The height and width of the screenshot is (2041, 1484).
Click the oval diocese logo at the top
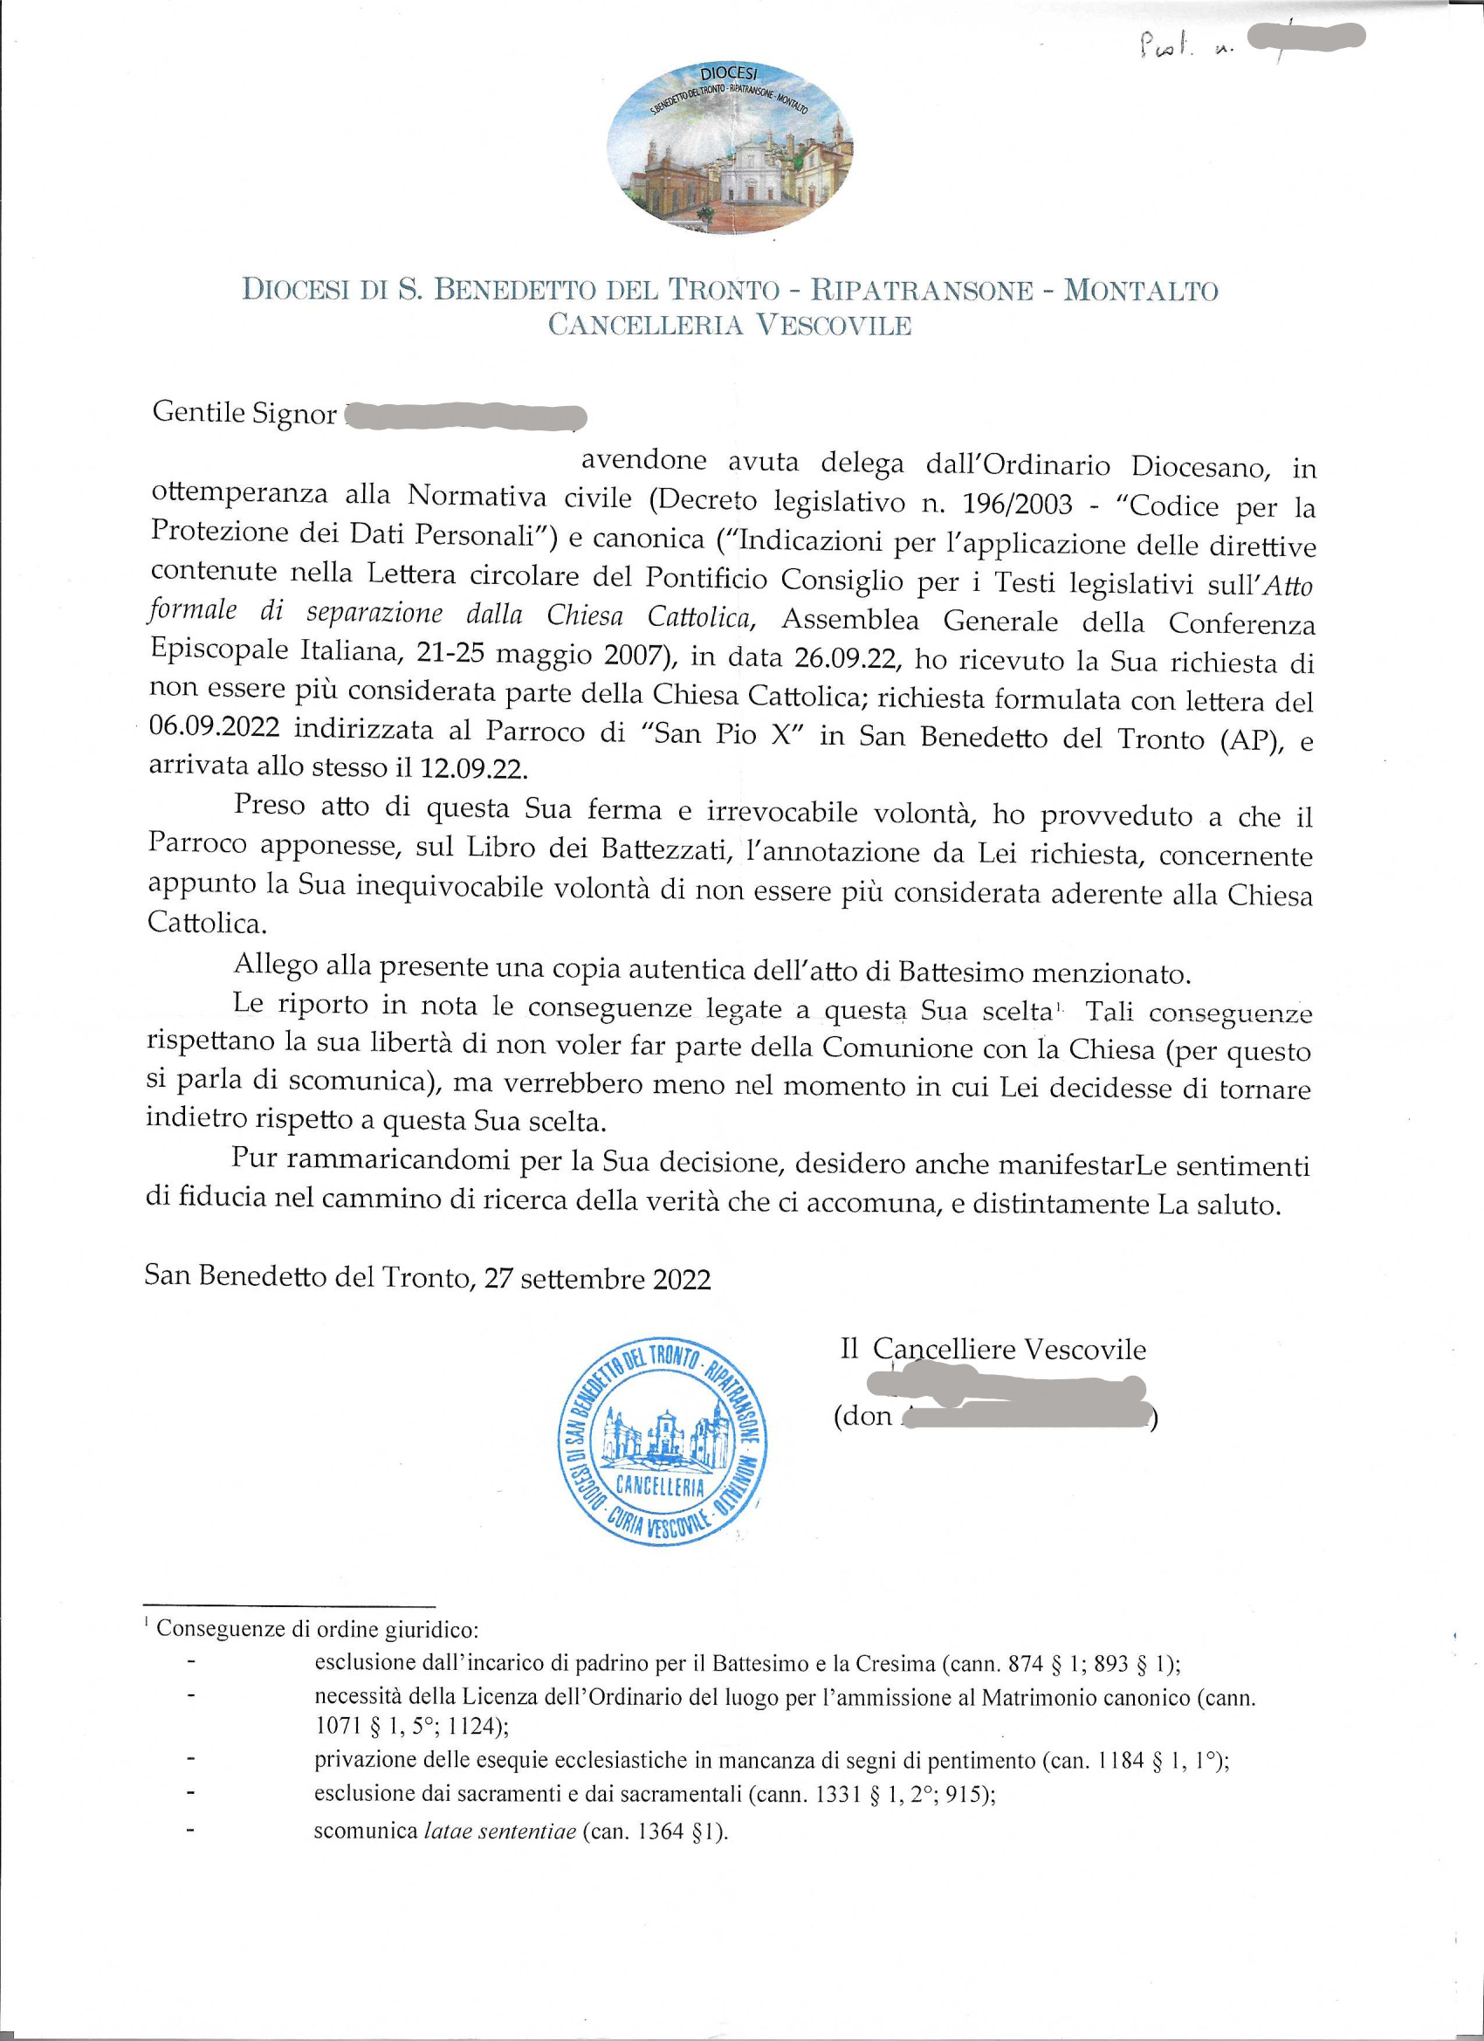tap(730, 147)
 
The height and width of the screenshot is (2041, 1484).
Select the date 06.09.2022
tap(214, 727)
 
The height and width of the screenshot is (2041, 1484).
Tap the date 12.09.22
tap(474, 767)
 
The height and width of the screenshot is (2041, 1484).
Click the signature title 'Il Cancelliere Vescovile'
tap(993, 1349)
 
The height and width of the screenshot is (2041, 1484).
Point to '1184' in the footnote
tap(1121, 1761)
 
